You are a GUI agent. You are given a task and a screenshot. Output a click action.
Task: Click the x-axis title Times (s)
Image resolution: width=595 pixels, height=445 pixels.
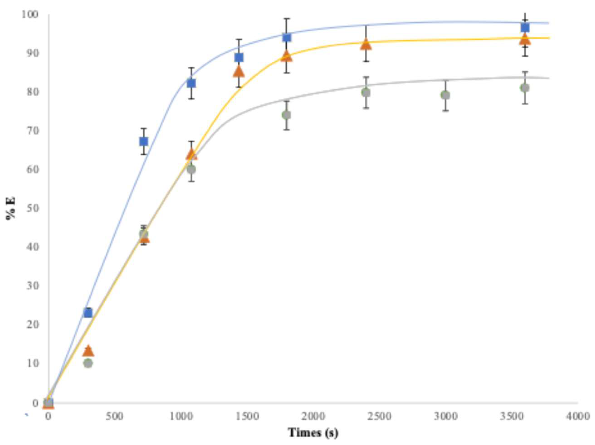[x=313, y=432]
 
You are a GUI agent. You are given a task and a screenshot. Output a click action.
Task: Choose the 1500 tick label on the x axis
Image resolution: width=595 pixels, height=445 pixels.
[x=247, y=416]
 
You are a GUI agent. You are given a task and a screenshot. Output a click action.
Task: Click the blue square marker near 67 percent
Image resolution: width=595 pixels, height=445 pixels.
[x=144, y=141]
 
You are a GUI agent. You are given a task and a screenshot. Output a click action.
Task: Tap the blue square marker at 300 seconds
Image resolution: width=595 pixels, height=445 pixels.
[x=88, y=313]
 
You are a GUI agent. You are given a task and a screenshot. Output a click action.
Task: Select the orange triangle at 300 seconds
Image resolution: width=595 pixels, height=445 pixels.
[x=89, y=351]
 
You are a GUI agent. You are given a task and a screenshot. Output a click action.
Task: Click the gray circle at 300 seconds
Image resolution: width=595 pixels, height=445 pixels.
[x=88, y=363]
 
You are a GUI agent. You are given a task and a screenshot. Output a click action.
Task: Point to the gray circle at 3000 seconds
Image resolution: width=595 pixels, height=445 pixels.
[x=445, y=95]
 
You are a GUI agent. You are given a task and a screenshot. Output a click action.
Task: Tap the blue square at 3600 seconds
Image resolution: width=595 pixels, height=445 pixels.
[x=525, y=27]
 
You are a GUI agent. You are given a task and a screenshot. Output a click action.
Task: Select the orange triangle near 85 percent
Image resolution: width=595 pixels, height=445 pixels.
[x=239, y=72]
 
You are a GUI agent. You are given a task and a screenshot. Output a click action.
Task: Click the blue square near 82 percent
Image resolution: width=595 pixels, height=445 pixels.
[x=191, y=83]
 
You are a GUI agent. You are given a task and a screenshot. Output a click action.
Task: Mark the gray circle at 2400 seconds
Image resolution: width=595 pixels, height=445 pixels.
[x=366, y=93]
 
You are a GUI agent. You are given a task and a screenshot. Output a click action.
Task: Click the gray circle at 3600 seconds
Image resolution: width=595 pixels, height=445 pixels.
[x=525, y=88]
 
